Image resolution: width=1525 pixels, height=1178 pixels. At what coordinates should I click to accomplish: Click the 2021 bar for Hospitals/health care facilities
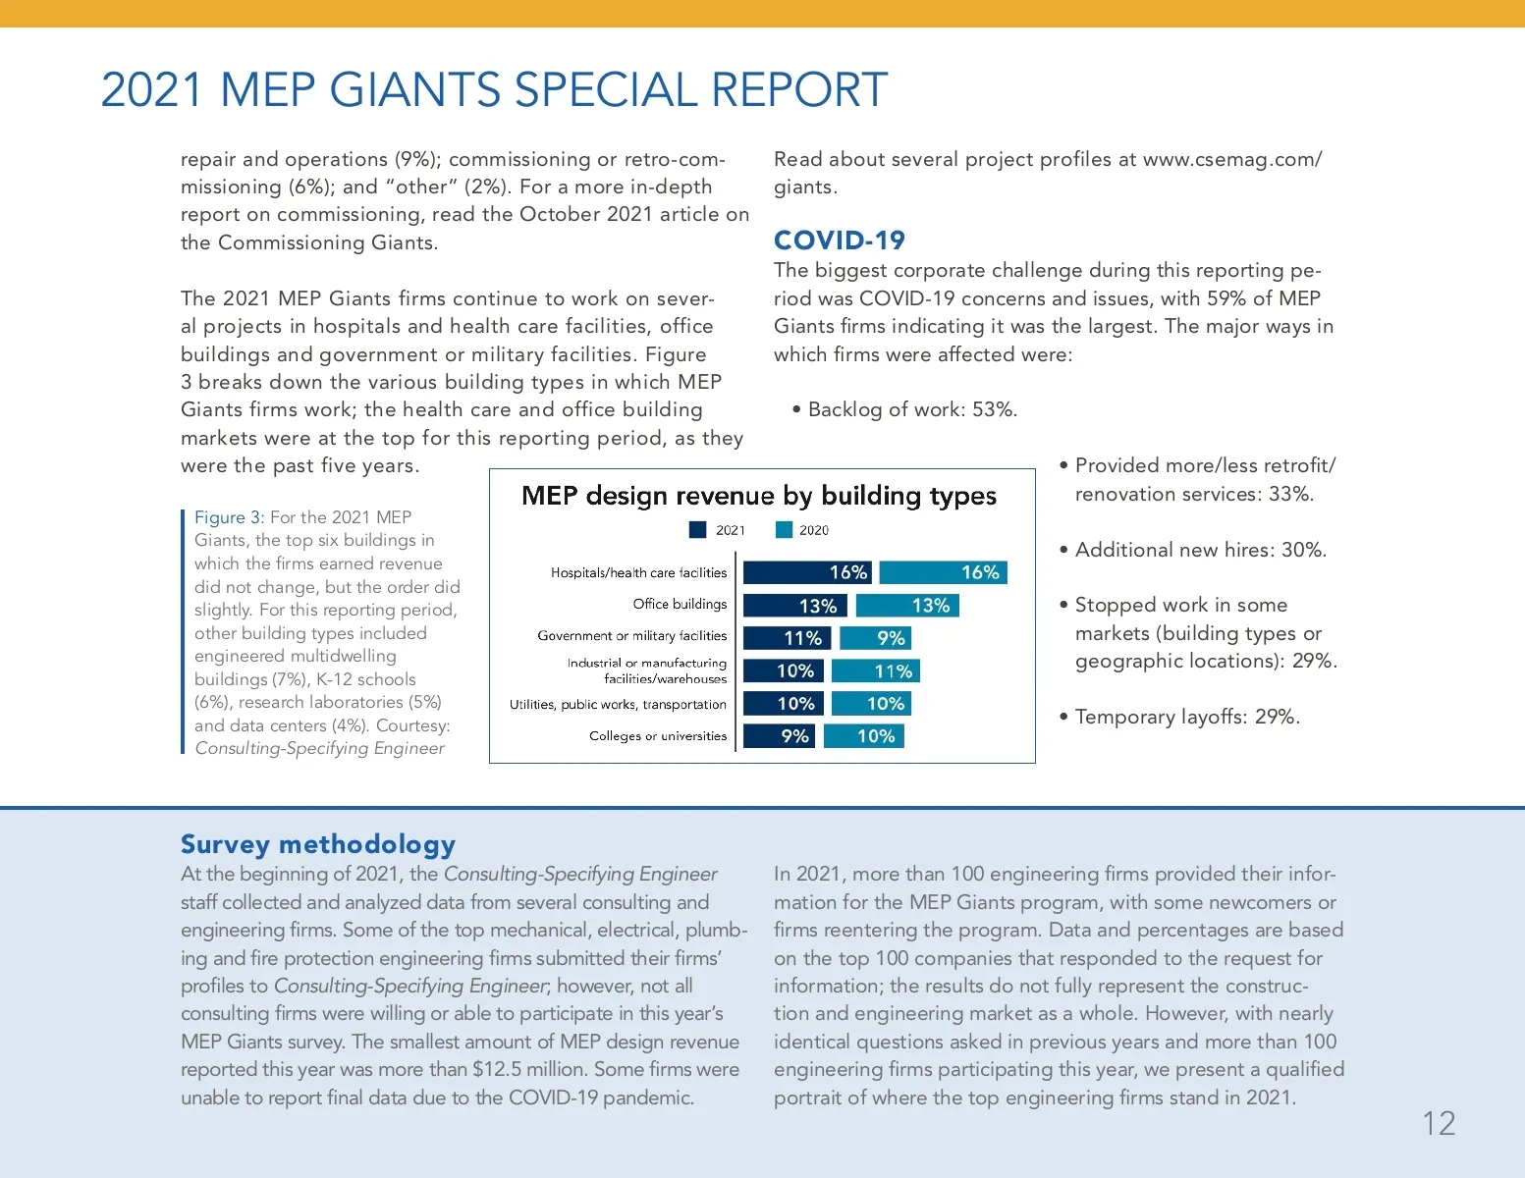806,572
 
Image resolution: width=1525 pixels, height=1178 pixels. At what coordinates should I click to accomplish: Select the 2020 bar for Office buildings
906,606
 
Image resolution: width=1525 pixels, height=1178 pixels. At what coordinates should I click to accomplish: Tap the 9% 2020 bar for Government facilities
875,638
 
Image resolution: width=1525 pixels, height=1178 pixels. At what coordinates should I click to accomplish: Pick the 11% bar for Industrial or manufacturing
875,671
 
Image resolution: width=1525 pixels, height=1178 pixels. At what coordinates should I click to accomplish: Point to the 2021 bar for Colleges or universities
780,736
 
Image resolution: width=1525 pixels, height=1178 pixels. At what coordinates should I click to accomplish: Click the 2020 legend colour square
784,530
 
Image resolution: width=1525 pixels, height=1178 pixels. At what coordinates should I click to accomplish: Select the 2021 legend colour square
698,530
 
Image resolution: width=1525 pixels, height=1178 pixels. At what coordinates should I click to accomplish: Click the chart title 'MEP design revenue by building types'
759,496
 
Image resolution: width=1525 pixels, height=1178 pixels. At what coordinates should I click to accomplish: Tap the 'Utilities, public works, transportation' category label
618,705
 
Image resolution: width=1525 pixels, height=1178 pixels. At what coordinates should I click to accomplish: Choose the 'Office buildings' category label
680,605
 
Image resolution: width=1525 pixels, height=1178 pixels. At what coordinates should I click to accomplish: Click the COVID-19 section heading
840,241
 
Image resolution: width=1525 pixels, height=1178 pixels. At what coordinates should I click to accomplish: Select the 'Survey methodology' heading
318,844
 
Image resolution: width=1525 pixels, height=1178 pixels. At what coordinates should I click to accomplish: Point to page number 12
1439,1124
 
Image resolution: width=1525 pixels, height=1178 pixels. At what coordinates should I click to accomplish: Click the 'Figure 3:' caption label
229,517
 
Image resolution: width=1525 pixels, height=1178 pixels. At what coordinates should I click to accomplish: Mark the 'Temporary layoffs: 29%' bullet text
1187,717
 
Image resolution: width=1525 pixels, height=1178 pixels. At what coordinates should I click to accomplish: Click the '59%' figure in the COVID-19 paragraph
1227,298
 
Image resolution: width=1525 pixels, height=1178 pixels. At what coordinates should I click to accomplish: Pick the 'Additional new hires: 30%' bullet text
1200,550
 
